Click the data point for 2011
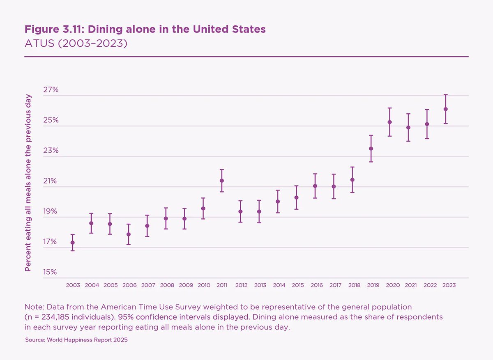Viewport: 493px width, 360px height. (222, 181)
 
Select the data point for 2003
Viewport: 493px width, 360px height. (73, 243)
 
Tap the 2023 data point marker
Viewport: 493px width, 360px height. (446, 109)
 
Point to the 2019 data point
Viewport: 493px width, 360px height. (371, 149)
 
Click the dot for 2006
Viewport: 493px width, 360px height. (129, 234)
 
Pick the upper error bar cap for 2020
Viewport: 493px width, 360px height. (390, 108)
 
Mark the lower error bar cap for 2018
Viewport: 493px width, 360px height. (352, 193)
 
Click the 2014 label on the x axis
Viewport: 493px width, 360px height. (279, 285)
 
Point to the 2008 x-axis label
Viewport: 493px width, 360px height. (167, 285)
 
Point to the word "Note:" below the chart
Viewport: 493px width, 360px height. (35, 307)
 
